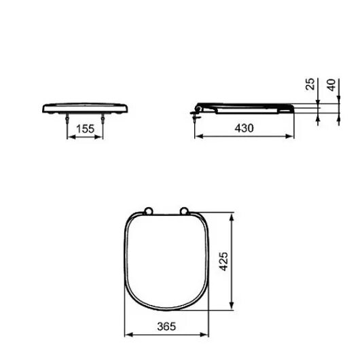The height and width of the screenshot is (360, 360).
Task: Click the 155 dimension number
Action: tap(84, 128)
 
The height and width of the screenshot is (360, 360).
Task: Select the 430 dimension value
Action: tap(245, 128)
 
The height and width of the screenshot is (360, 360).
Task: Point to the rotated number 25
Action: tap(310, 84)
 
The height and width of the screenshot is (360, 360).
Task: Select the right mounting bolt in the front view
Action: tap(103, 118)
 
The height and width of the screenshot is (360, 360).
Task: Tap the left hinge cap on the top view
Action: tap(146, 210)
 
